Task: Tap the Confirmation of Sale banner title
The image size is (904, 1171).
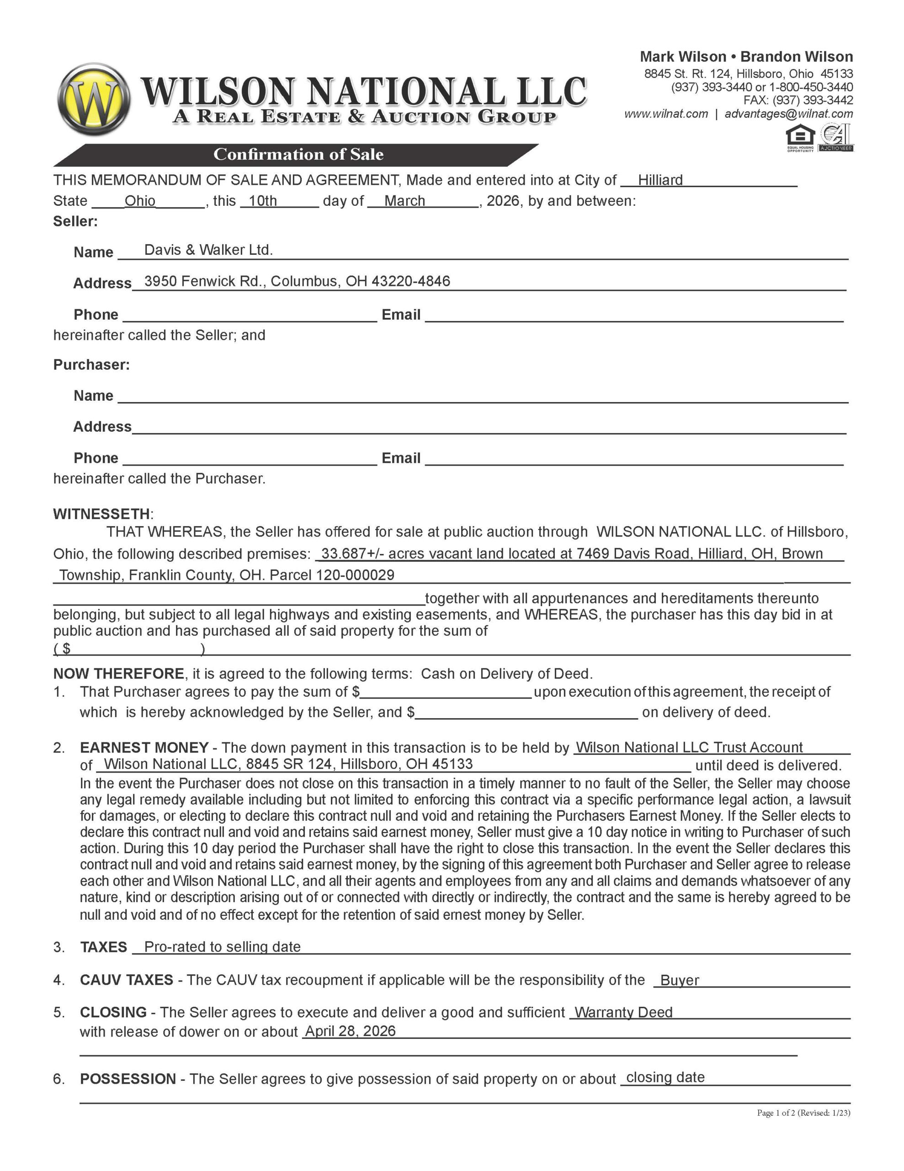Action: [298, 155]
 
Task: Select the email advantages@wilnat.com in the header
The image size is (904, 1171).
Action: [788, 113]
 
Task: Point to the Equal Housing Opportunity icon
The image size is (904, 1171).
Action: [799, 138]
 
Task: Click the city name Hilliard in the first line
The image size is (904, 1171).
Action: [660, 180]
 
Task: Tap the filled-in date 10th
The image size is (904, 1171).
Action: [263, 201]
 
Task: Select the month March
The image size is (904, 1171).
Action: [404, 201]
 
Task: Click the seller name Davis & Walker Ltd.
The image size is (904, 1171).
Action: [208, 250]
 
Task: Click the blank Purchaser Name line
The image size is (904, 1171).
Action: [482, 397]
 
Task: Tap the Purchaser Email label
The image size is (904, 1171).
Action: [401, 458]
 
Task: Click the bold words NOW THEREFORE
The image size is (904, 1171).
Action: [118, 673]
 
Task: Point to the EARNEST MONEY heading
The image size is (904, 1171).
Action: [144, 747]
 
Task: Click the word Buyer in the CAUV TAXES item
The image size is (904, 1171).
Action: [680, 980]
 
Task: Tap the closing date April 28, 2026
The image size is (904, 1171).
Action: [350, 1031]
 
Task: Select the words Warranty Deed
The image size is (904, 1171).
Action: [623, 1012]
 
